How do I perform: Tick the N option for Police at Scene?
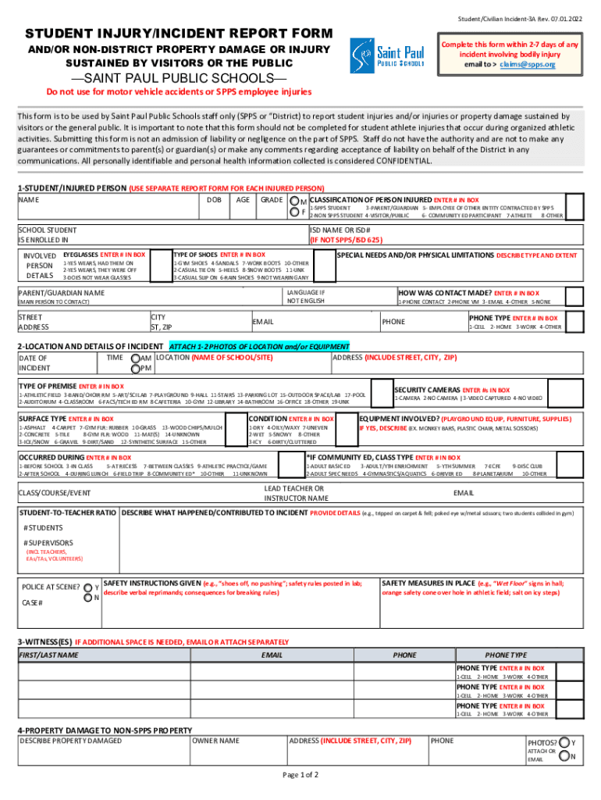(87, 598)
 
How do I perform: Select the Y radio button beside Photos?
(563, 742)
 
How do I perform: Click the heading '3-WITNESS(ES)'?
(44, 642)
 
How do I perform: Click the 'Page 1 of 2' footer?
(300, 775)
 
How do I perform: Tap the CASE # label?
(32, 603)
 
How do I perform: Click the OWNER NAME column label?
(216, 740)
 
